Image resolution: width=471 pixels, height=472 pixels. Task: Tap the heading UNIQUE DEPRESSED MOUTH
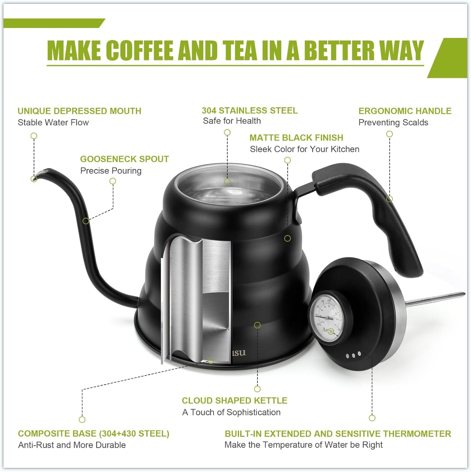(x=79, y=111)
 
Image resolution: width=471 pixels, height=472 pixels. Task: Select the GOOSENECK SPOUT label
(x=124, y=159)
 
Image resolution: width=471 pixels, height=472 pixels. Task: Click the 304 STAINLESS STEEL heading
(x=249, y=111)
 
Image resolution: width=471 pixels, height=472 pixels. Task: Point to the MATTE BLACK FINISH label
(x=296, y=138)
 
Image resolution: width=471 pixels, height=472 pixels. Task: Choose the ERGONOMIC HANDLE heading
(x=405, y=111)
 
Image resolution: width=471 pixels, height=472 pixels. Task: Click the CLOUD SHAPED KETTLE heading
(x=234, y=401)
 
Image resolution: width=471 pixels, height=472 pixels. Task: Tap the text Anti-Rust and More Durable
(x=72, y=445)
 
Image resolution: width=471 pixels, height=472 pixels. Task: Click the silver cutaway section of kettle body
(x=196, y=300)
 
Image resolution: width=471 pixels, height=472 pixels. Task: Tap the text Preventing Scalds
(x=393, y=123)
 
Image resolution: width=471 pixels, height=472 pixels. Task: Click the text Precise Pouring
(x=111, y=171)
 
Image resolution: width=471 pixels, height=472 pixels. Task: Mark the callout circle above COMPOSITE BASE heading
(x=82, y=419)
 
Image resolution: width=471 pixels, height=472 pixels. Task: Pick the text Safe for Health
(x=231, y=121)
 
